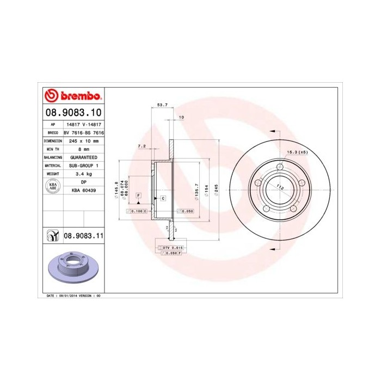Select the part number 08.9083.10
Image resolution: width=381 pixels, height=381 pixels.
(x=72, y=113)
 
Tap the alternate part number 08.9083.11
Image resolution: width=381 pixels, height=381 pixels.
(x=83, y=235)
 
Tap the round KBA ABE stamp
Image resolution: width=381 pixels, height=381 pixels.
(x=53, y=187)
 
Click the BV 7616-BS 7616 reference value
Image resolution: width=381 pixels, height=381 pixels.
(x=84, y=132)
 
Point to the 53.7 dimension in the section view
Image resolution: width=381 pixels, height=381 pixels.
(x=162, y=105)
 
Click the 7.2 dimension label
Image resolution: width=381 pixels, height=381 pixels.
(x=142, y=146)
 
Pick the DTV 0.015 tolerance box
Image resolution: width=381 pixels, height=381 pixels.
(x=173, y=248)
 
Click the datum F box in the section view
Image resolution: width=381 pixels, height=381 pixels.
(x=138, y=194)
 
